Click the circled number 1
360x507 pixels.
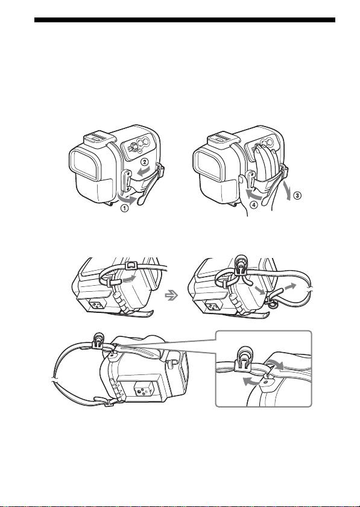125,209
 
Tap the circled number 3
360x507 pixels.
297,195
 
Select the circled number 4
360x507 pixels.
254,205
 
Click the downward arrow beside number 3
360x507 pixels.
287,191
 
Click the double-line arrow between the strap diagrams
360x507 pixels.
171,295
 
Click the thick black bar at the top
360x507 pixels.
185,20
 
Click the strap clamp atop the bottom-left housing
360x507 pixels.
98,341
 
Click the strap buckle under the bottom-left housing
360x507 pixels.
108,402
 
